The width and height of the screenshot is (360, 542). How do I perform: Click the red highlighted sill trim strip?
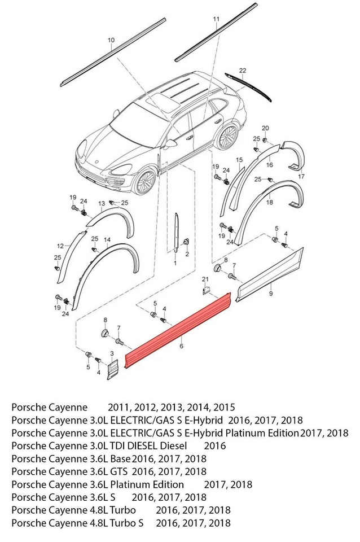[178, 330]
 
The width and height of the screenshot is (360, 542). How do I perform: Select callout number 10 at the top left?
[111, 40]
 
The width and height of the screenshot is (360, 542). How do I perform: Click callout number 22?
[243, 70]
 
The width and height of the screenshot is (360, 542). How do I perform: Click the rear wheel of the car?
[228, 137]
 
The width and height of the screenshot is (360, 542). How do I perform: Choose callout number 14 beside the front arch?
[107, 240]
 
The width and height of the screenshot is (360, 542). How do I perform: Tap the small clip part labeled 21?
[206, 290]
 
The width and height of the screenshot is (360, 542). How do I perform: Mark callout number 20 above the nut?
[265, 128]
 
